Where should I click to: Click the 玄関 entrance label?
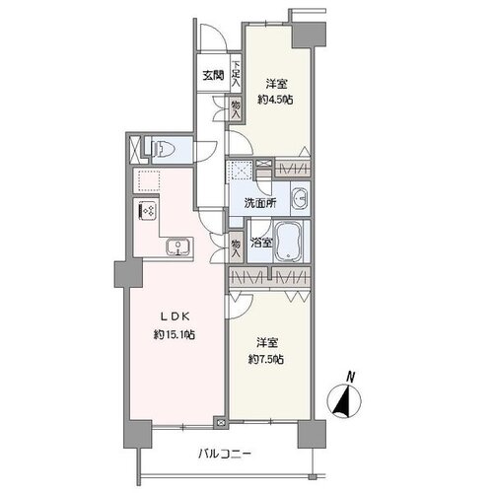click(213, 76)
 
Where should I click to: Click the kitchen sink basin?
click(177, 247)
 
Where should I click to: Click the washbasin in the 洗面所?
click(299, 198)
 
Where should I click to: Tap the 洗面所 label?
click(259, 203)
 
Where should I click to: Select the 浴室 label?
click(261, 244)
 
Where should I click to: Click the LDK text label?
click(175, 317)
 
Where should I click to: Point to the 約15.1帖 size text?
click(175, 335)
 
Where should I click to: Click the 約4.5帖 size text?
click(276, 100)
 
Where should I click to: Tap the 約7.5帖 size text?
click(266, 360)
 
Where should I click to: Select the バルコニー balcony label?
click(225, 455)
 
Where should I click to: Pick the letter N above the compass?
click(351, 377)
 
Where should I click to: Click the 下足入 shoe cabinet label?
click(236, 75)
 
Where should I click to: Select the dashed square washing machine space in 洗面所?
click(240, 170)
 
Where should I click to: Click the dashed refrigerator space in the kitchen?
click(149, 180)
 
